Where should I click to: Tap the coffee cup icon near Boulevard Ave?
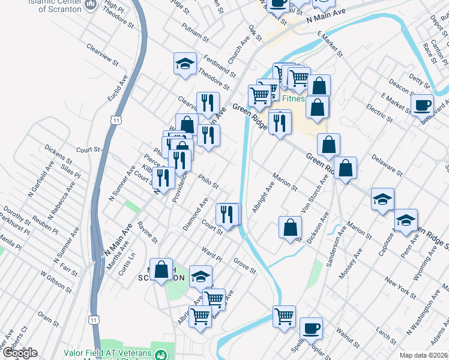[422, 105]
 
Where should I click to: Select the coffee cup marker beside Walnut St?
[311, 328]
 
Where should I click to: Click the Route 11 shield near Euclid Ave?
[116, 121]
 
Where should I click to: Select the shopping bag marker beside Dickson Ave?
[290, 227]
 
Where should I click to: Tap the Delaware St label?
[387, 163]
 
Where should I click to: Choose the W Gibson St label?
[55, 282]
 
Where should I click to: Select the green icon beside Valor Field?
[160, 355]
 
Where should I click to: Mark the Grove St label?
[245, 265]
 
